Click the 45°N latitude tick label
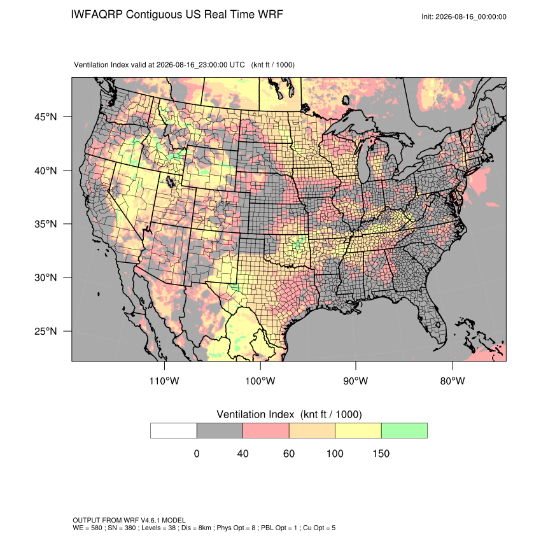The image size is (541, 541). pos(46,117)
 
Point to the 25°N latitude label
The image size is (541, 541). pos(46,331)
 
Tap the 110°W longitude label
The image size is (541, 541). pos(164,381)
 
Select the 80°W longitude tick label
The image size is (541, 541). pos(453,381)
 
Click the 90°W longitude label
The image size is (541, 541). pos(355,381)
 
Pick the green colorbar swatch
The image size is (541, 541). pos(404,431)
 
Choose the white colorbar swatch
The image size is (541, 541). pos(174,431)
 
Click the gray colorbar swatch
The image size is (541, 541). pos(220,431)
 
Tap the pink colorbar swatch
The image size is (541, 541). pos(266,431)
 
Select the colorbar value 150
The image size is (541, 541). pos(381,453)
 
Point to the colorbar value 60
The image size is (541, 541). pos(289,453)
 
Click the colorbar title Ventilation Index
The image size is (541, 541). pos(255,414)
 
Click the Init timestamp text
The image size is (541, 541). pos(464,17)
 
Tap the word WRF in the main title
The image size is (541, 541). pos(271,15)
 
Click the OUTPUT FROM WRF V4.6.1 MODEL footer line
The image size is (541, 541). pos(129,520)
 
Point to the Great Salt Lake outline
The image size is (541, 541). pos(170,181)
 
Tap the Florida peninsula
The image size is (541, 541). pos(432,318)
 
